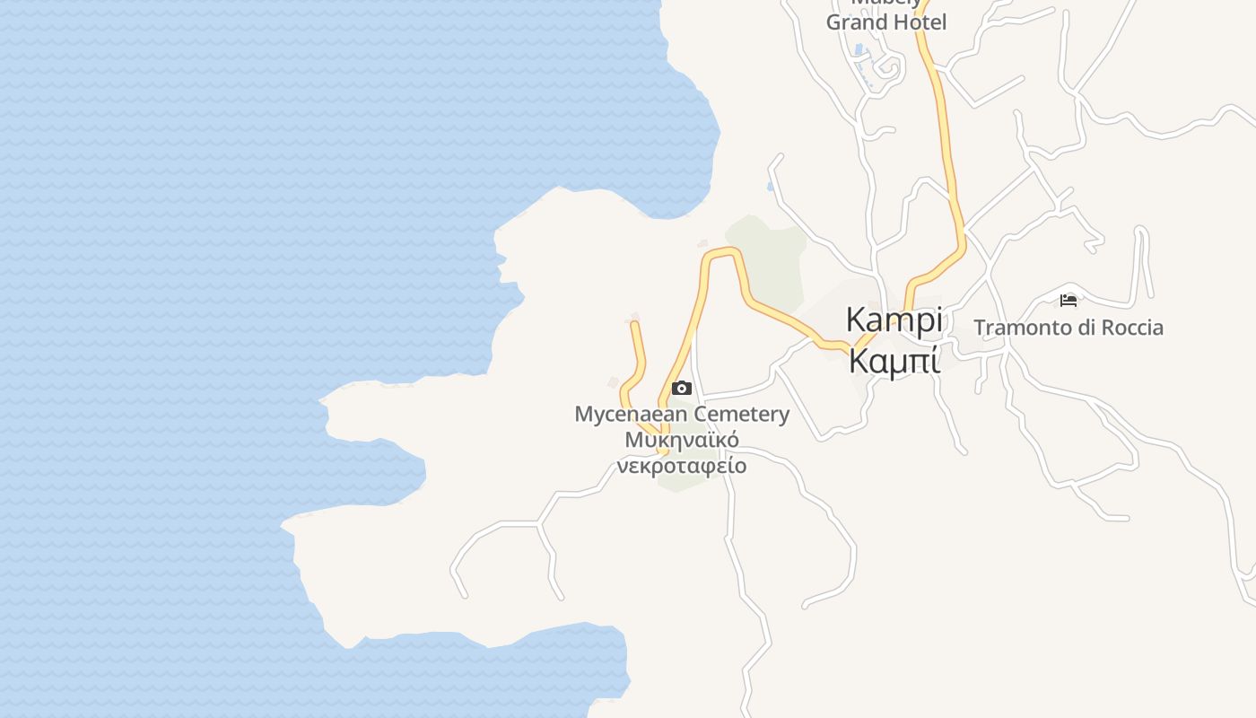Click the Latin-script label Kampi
click(x=894, y=320)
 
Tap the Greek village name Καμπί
click(x=894, y=361)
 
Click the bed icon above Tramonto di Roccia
click(x=1068, y=301)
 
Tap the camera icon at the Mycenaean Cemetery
click(x=682, y=388)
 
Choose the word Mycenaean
click(x=631, y=415)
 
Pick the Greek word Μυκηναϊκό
click(x=682, y=441)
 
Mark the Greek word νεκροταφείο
click(x=682, y=467)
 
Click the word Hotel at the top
click(x=920, y=22)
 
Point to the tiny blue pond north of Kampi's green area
click(x=771, y=187)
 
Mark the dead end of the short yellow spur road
click(x=634, y=324)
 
